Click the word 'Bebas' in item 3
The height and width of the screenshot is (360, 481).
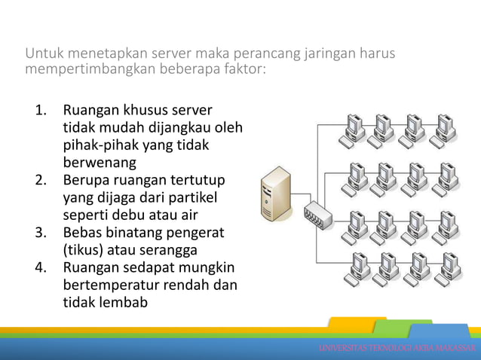coord(85,233)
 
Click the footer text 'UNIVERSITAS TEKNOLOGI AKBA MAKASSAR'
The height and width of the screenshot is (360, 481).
coord(397,348)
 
